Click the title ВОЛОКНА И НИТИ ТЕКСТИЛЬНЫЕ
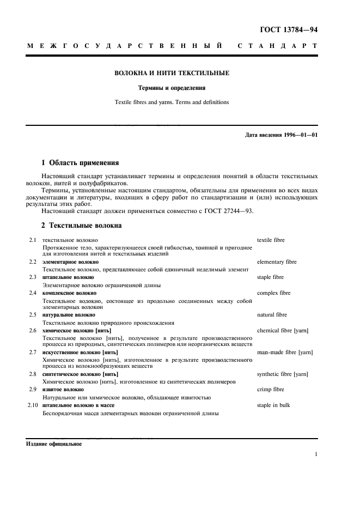pos(172,73)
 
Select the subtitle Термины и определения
pos(172,87)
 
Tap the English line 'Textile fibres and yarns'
pos(172,102)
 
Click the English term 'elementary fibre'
pos(277,262)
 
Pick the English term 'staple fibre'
pos(271,277)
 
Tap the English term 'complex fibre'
pos(273,293)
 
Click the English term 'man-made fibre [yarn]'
pos(285,353)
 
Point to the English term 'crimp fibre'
pos(270,390)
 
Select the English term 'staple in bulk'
pos(273,405)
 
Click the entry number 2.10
pos(33,405)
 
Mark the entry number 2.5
pos(33,314)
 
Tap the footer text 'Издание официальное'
pos(54,444)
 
